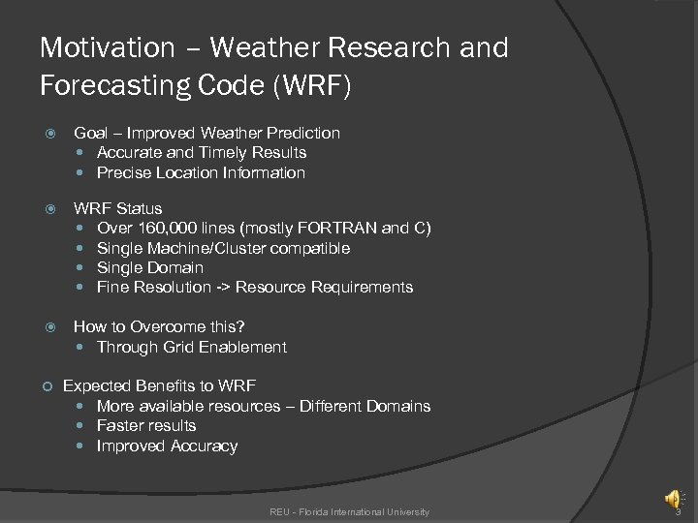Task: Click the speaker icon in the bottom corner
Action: [671, 499]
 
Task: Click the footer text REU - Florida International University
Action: [349, 511]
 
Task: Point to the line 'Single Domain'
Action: [150, 267]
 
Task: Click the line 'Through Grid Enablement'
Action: [192, 347]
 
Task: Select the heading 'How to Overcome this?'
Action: [159, 326]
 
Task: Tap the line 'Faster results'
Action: [146, 425]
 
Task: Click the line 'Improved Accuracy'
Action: [167, 446]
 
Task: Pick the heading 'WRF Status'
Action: [118, 208]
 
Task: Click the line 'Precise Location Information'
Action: [201, 172]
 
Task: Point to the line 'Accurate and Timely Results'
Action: [202, 152]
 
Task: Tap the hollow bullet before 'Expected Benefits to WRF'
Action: [47, 386]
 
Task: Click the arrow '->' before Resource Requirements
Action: [222, 287]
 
